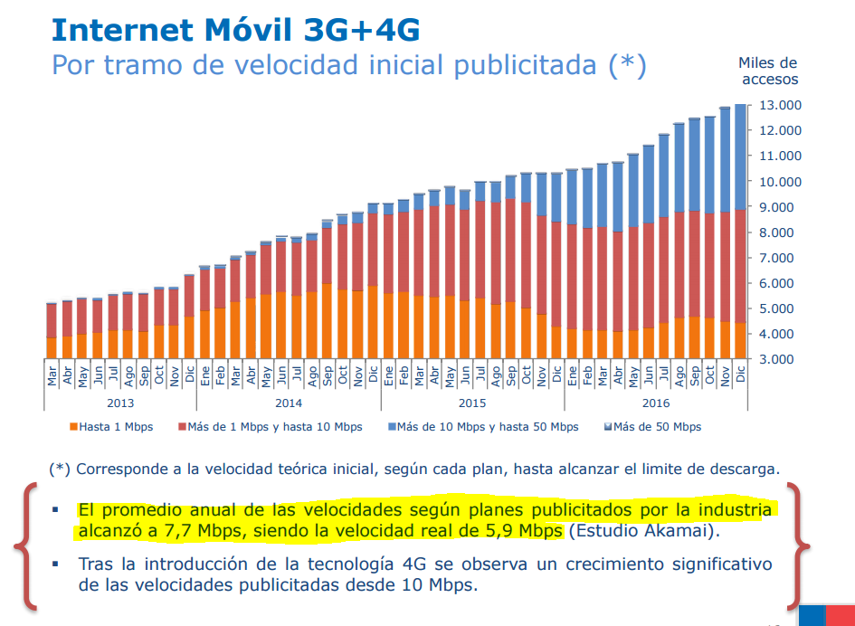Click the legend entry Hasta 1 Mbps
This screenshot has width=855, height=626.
(x=111, y=427)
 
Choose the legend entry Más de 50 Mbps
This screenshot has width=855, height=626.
(x=653, y=427)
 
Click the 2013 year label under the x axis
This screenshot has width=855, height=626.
(x=121, y=403)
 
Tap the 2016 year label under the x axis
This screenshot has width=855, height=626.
(x=656, y=403)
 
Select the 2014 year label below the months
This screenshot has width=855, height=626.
(x=289, y=403)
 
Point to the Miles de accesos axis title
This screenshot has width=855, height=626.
(x=767, y=71)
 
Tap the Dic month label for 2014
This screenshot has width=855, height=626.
(x=374, y=374)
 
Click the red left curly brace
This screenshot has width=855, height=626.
(x=25, y=546)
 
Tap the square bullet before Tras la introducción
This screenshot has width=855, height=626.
(x=57, y=564)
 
